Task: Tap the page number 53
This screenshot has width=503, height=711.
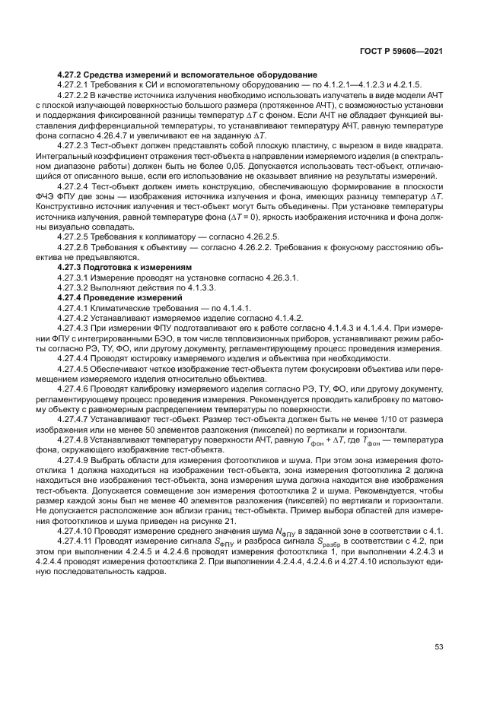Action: tap(438, 647)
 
